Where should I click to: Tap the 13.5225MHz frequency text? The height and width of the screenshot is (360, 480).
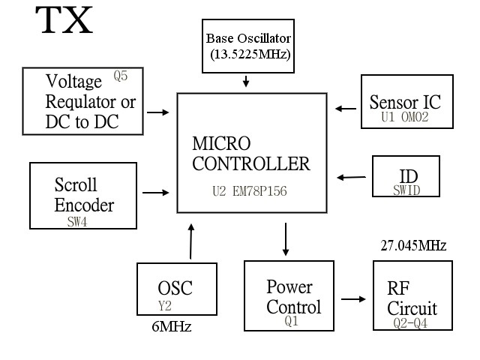pyautogui.click(x=247, y=54)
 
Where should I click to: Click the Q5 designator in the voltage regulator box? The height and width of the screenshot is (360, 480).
pyautogui.click(x=121, y=76)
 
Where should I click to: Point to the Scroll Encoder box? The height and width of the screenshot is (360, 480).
pyautogui.click(x=84, y=196)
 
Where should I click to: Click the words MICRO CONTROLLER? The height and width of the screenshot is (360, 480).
pyautogui.click(x=250, y=154)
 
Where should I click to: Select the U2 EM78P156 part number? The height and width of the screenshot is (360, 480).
pyautogui.click(x=250, y=192)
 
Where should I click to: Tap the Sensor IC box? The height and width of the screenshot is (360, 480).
pyautogui.click(x=406, y=102)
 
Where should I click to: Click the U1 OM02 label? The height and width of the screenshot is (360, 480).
pyautogui.click(x=404, y=117)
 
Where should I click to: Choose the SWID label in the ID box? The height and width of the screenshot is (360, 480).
pyautogui.click(x=406, y=190)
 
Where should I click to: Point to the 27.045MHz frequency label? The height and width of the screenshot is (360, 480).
pyautogui.click(x=413, y=245)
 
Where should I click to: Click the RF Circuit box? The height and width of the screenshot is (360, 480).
pyautogui.click(x=412, y=295)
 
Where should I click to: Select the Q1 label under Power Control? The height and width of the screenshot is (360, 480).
pyautogui.click(x=292, y=321)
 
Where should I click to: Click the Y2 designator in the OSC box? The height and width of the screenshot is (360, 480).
pyautogui.click(x=166, y=305)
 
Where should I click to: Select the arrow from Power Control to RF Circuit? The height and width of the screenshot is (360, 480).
pyautogui.click(x=352, y=299)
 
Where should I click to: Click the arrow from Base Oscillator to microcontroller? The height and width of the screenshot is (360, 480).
pyautogui.click(x=247, y=80)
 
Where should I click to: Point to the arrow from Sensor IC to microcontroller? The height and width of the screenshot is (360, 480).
pyautogui.click(x=346, y=109)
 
